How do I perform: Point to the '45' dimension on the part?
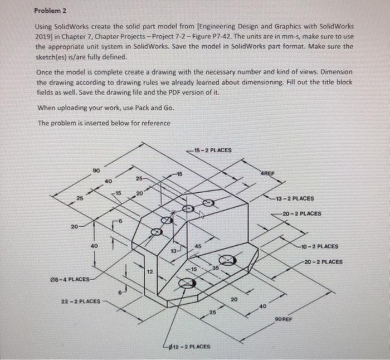pos(198,247)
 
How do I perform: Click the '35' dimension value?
pos(214,268)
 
